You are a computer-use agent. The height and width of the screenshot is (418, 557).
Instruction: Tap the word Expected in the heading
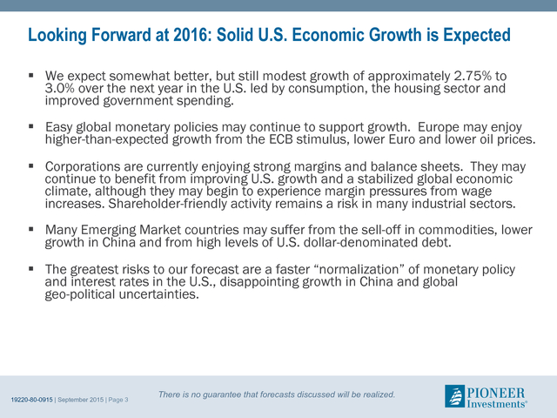point(477,36)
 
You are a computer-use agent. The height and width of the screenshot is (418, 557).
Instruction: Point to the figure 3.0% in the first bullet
point(59,88)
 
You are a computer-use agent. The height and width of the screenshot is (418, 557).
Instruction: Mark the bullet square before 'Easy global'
point(31,125)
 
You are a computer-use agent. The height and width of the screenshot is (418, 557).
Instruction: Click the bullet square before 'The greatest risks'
point(31,268)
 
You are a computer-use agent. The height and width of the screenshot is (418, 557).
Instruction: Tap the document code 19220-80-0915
point(31,400)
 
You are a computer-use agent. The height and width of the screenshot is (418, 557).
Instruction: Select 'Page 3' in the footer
point(118,400)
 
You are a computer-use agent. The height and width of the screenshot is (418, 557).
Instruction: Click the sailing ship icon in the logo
point(454,396)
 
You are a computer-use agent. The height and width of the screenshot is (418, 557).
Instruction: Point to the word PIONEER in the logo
point(496,393)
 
